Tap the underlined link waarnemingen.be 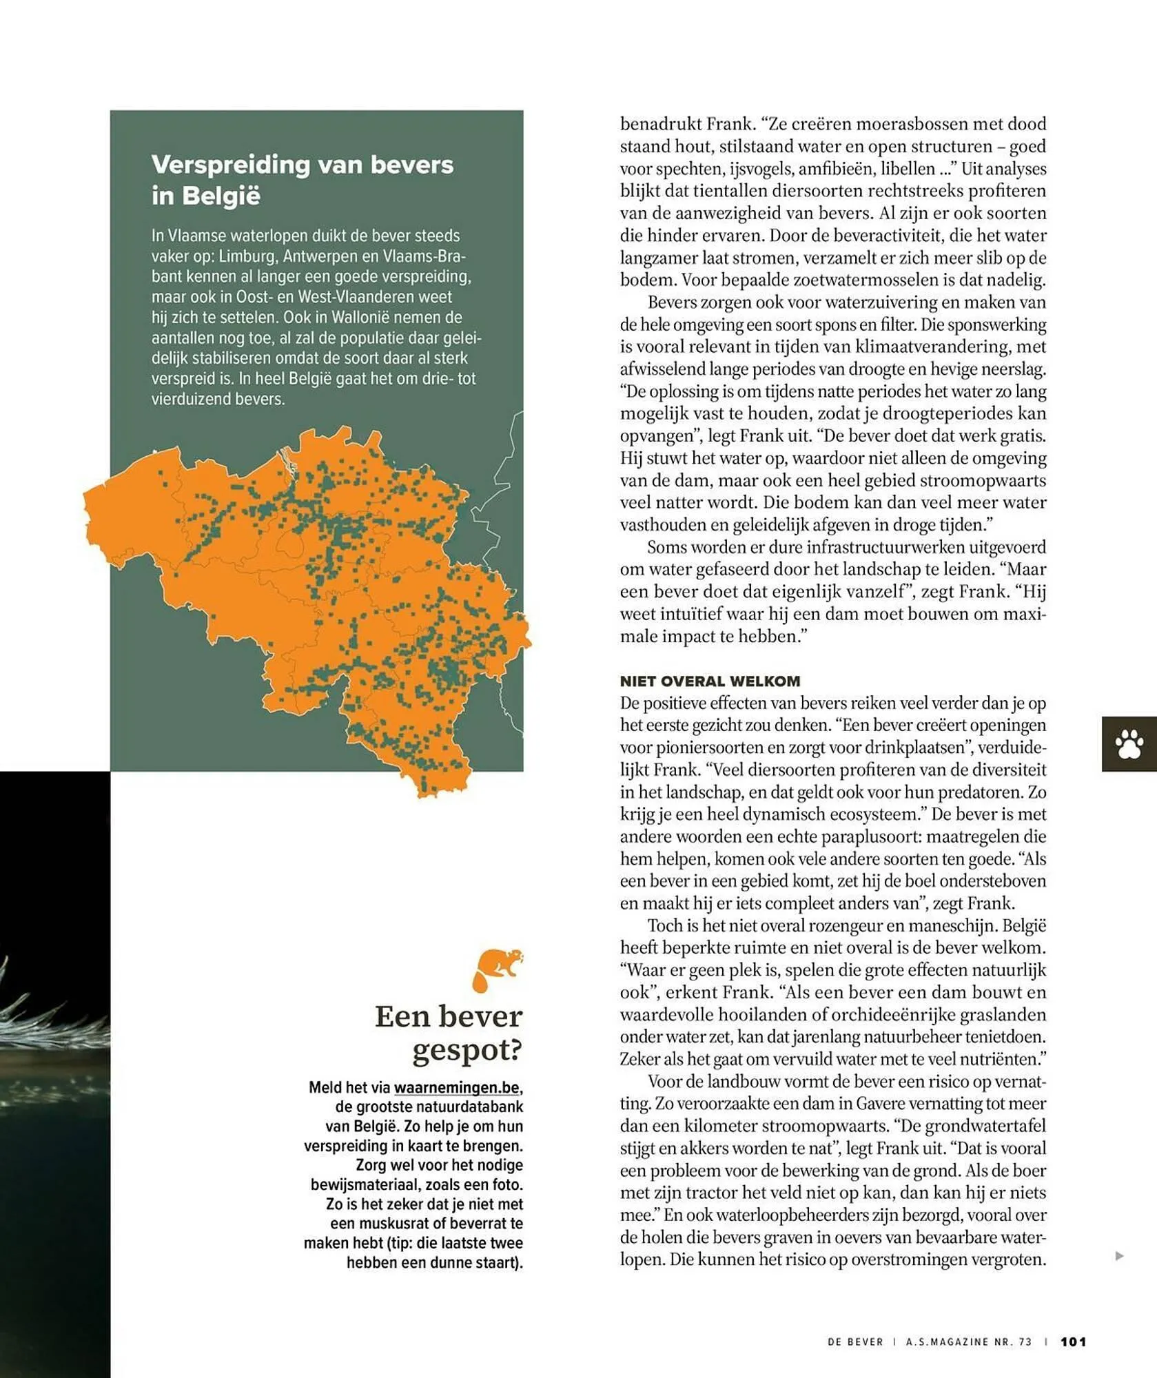coord(456,1088)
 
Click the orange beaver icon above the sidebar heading coord(497,969)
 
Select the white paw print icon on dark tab coord(1129,744)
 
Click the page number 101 coord(1073,1341)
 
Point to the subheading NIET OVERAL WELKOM coord(710,681)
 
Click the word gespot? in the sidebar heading coord(467,1051)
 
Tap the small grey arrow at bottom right coord(1119,1256)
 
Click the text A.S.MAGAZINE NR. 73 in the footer coord(968,1341)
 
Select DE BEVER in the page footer coord(854,1341)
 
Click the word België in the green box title coord(221,196)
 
